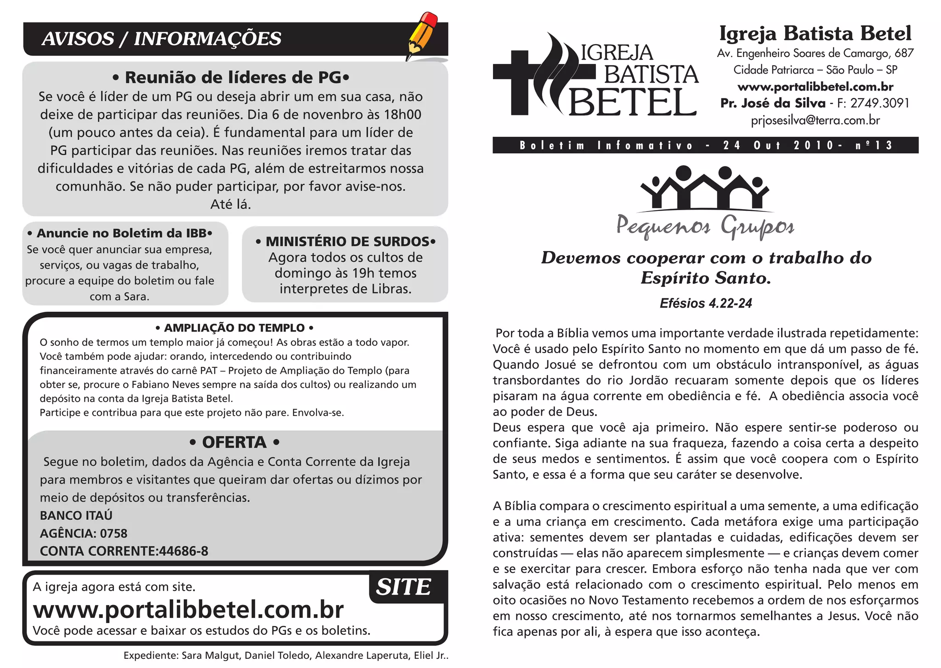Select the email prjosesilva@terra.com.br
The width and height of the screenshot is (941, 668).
(815, 120)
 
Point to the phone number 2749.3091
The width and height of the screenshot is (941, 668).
(879, 103)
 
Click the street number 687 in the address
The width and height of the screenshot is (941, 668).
(904, 53)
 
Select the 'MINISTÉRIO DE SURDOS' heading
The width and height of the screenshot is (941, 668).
(346, 241)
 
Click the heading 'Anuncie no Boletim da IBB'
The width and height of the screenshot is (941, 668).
(120, 233)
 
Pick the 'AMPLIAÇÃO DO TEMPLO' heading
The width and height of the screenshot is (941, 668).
(234, 328)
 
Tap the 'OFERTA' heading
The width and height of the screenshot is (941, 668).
(234, 442)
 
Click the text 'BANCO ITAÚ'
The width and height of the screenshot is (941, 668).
(76, 515)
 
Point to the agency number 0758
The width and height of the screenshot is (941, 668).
(113, 533)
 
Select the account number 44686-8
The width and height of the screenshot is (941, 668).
(183, 551)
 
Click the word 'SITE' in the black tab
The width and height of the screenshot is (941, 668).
(403, 587)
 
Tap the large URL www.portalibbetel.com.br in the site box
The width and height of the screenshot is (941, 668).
(188, 610)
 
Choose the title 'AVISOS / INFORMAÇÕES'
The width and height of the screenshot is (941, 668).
(161, 39)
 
